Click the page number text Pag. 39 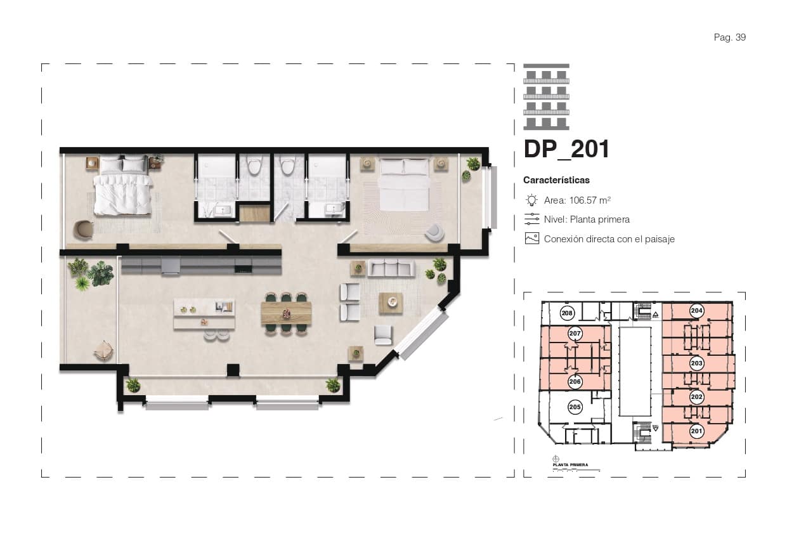pyautogui.click(x=729, y=37)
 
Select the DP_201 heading pyautogui.click(x=566, y=149)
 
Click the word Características pyautogui.click(x=556, y=180)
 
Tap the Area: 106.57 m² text pyautogui.click(x=577, y=200)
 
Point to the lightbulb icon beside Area pyautogui.click(x=531, y=200)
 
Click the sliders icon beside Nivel pyautogui.click(x=531, y=219)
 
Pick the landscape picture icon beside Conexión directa pyautogui.click(x=531, y=239)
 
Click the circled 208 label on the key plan pyautogui.click(x=568, y=313)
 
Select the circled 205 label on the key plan pyautogui.click(x=575, y=407)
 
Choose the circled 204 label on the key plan pyautogui.click(x=696, y=311)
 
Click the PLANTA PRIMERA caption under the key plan pyautogui.click(x=570, y=465)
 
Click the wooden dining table pyautogui.click(x=286, y=313)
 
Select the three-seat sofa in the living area pyautogui.click(x=391, y=268)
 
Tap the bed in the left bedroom pyautogui.click(x=124, y=188)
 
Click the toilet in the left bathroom pyautogui.click(x=254, y=166)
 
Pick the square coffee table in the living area pyautogui.click(x=391, y=303)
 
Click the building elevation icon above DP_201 pyautogui.click(x=546, y=97)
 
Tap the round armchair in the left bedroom pyautogui.click(x=82, y=230)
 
